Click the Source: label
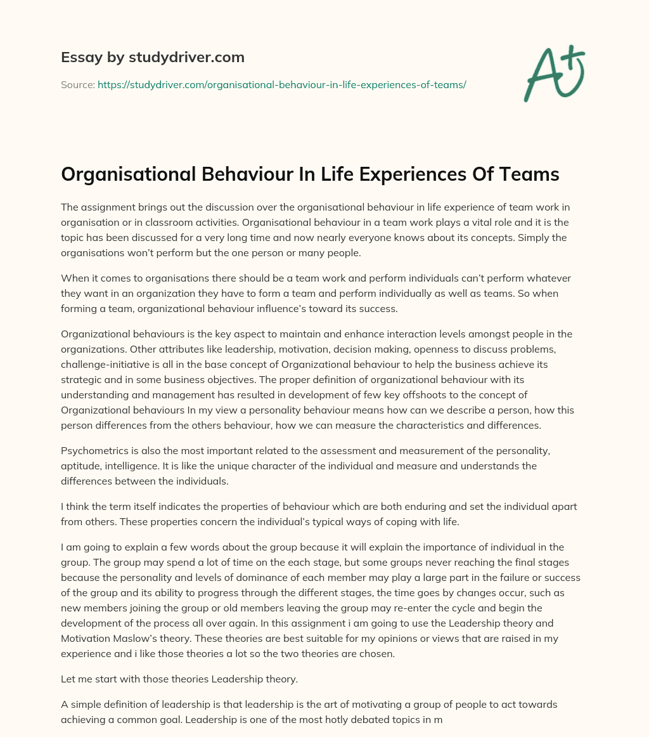(78, 84)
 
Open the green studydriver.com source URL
(282, 84)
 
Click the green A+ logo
(553, 74)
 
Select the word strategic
(83, 379)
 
